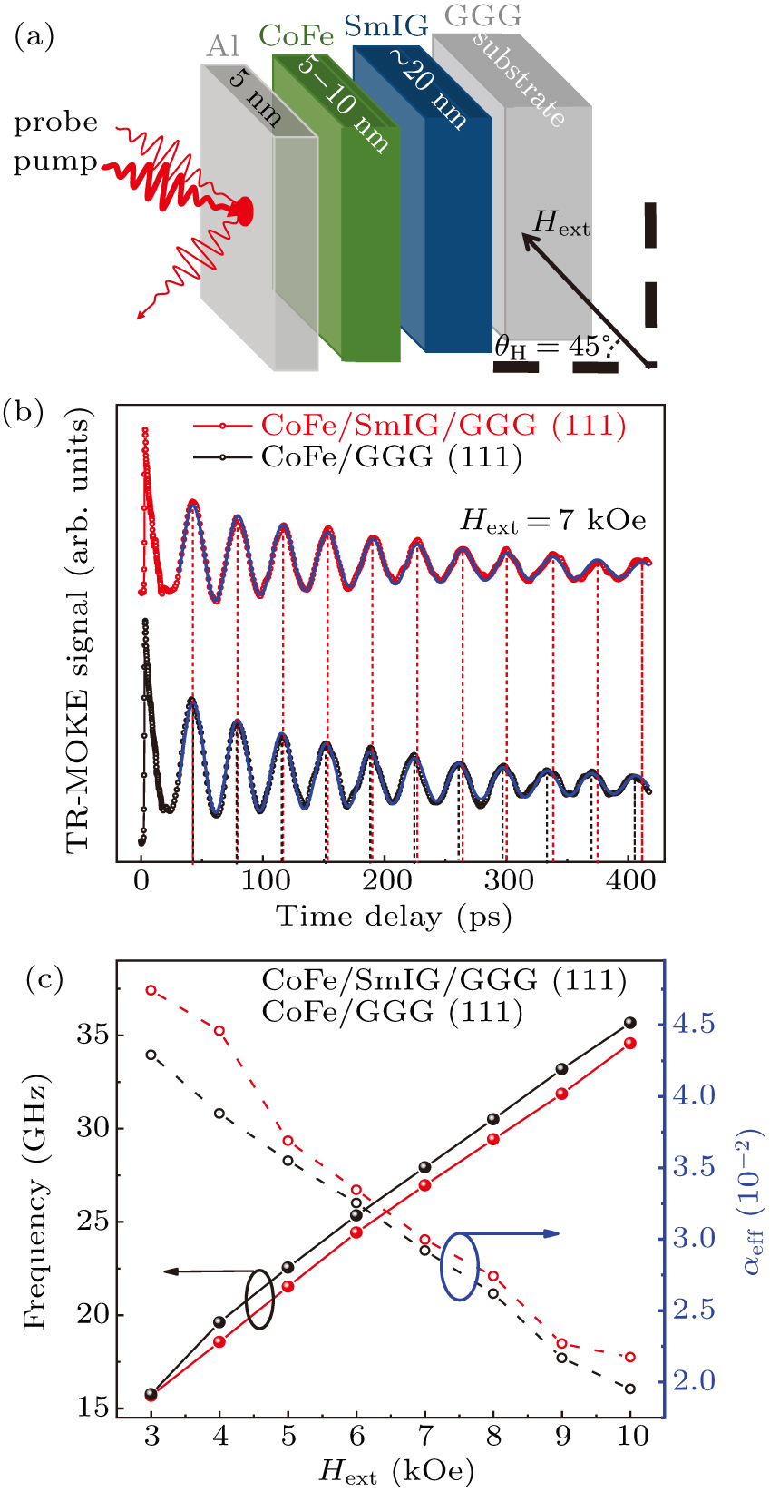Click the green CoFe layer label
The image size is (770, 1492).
(296, 36)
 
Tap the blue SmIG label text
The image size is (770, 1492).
(385, 26)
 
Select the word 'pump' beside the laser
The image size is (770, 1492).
(54, 163)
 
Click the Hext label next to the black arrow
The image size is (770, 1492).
(560, 223)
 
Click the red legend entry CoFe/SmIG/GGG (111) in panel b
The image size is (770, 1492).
(443, 425)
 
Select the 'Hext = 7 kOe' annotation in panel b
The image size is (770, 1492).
(553, 521)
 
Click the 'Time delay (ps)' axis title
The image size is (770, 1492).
(394, 917)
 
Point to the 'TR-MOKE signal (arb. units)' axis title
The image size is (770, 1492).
(80, 631)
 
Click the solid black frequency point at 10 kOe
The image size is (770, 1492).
(631, 1023)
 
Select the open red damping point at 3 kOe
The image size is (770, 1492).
(151, 990)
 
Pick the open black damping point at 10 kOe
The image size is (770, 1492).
(630, 1389)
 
